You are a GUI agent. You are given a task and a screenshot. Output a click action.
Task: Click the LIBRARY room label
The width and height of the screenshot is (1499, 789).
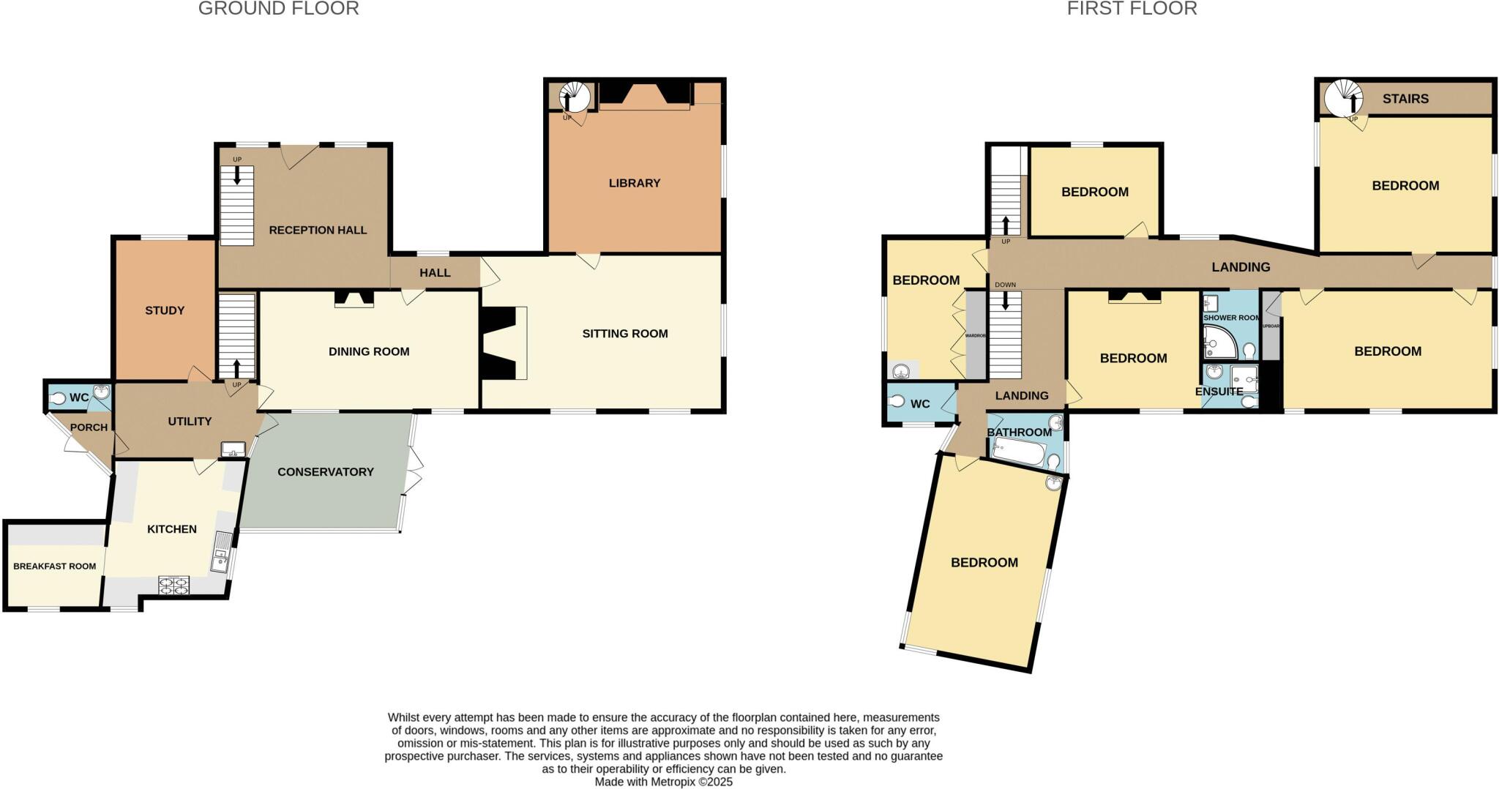[634, 183]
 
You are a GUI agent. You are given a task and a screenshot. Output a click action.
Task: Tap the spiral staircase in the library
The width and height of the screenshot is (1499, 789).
[575, 97]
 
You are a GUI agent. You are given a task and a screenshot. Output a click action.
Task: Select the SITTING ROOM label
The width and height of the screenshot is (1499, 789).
[624, 334]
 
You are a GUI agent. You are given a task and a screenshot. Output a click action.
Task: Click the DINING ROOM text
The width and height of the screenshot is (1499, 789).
[369, 351]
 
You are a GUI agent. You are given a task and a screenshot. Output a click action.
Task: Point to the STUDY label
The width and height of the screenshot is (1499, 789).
[165, 310]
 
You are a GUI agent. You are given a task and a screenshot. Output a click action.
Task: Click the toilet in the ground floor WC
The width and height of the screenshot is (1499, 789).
[59, 398]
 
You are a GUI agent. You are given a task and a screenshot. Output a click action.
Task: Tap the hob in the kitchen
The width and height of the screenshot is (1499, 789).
[173, 585]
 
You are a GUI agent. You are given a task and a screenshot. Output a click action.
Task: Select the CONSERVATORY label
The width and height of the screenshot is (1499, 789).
[326, 472]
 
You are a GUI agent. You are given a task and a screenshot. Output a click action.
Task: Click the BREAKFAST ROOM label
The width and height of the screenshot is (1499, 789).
[55, 566]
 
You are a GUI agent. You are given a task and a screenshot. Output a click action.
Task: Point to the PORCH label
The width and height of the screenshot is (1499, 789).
[89, 427]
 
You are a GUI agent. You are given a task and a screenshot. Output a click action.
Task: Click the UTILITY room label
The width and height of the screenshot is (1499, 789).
[190, 422]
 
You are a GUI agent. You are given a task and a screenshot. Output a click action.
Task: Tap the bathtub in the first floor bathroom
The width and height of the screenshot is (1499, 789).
[1018, 452]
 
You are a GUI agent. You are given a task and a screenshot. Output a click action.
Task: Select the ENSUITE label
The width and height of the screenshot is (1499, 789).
[1219, 392]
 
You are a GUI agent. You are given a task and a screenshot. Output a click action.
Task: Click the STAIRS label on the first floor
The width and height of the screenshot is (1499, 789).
[1405, 99]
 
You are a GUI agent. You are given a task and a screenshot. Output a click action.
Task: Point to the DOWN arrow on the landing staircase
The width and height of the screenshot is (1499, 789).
[1006, 299]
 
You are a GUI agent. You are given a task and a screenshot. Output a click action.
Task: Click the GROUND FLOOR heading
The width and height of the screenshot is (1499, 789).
[278, 9]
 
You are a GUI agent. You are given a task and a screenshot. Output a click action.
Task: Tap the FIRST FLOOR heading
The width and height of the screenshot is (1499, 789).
[1132, 9]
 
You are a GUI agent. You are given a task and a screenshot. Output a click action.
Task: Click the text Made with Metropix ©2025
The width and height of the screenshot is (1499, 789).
[663, 782]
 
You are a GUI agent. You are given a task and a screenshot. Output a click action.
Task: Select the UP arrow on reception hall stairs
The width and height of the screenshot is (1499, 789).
[237, 174]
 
